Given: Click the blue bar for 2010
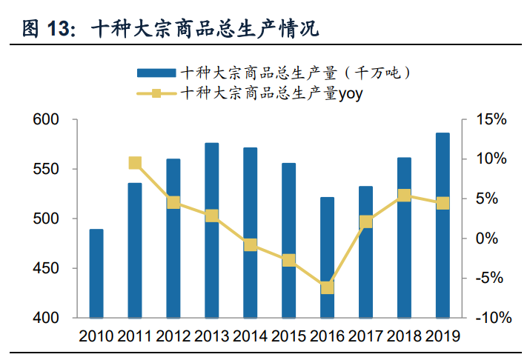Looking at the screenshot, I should pos(96,273).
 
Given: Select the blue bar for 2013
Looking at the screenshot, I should pos(212,230).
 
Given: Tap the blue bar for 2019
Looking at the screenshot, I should pos(443,225).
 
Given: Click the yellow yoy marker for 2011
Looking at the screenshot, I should pos(135,163).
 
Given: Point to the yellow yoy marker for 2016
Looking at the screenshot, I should pos(327,288).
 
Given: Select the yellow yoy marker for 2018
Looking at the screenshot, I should pos(404,196).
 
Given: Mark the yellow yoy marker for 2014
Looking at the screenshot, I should pos(251,244).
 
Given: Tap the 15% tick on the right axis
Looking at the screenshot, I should pos(492,120).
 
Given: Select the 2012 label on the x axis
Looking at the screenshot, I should pos(173,336).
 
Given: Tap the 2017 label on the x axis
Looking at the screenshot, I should pos(365,336).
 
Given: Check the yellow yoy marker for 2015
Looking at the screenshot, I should pos(289,260).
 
